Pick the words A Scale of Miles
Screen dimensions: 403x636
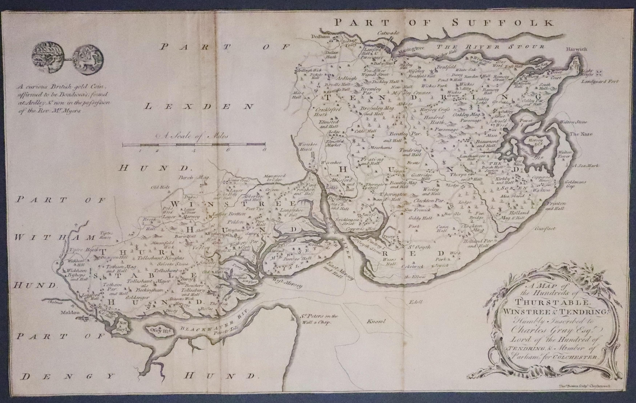[192, 136]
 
